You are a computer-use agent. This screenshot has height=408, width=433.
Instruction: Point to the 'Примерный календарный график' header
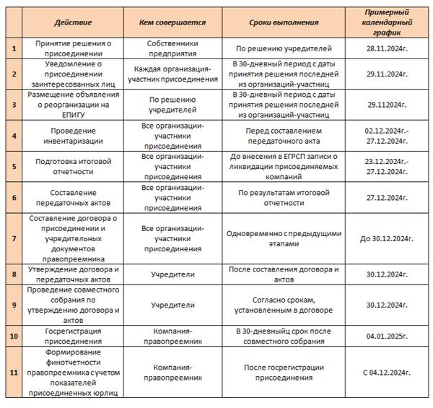tap(388, 22)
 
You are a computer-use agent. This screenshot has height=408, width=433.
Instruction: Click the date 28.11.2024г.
tap(388, 48)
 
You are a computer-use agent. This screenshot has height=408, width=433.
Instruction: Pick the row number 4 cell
tap(14, 135)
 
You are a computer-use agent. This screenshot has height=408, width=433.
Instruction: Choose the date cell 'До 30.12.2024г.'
tap(388, 239)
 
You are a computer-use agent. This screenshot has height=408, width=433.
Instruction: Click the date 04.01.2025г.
tap(388, 336)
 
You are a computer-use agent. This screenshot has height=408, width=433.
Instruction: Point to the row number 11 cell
tap(14, 372)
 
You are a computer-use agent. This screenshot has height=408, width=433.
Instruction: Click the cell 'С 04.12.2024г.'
tap(388, 372)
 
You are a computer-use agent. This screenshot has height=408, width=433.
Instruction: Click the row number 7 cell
tap(14, 239)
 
